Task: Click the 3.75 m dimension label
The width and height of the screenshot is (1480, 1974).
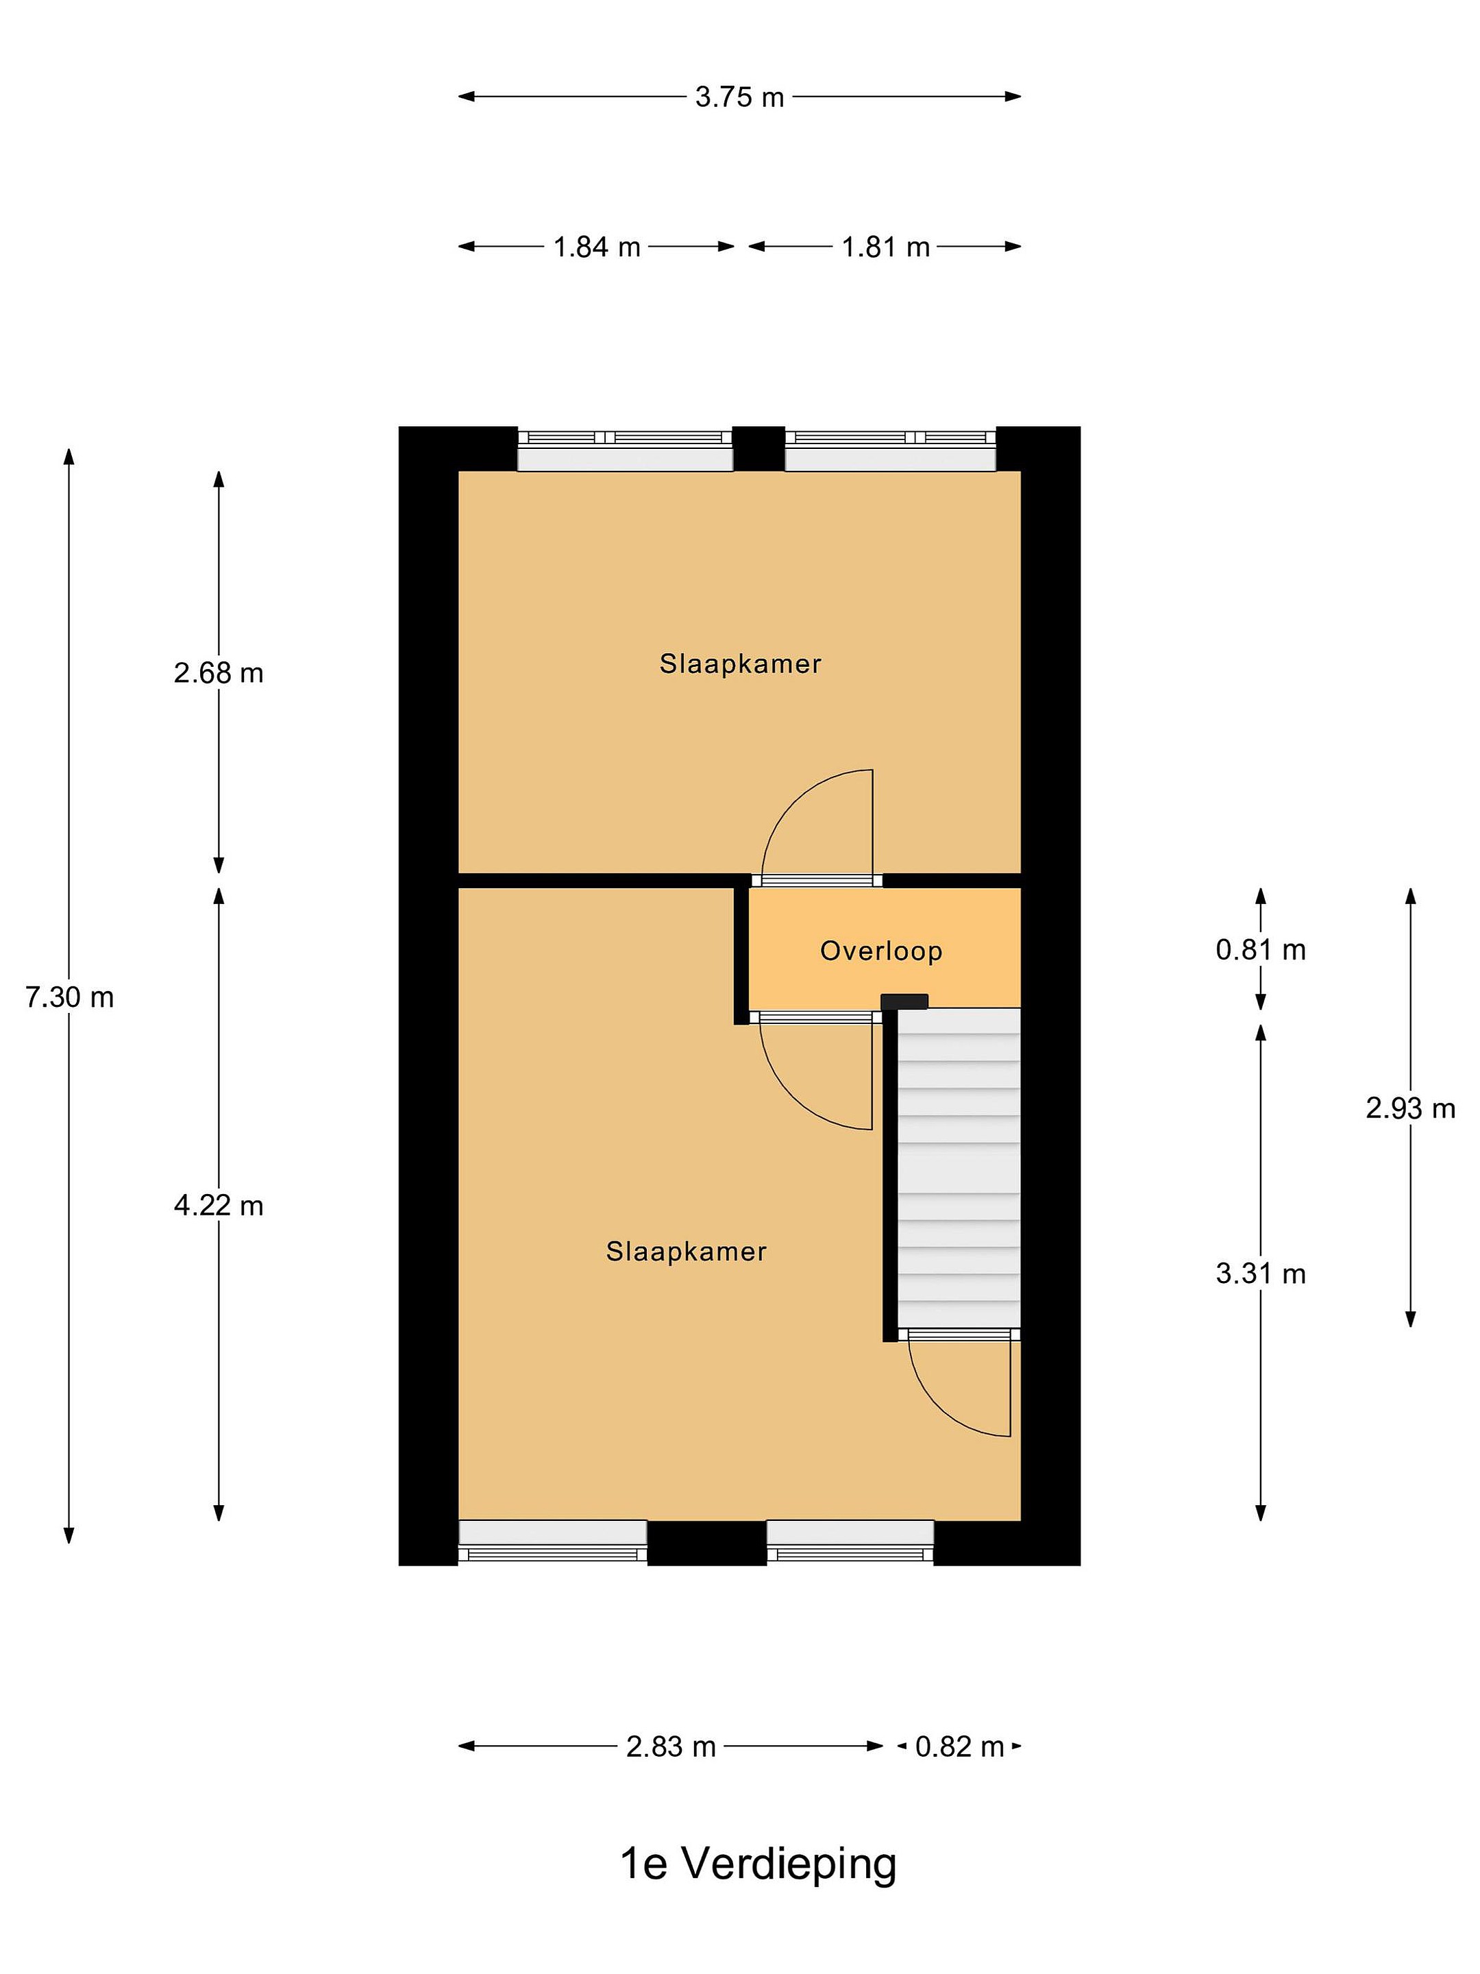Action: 739,97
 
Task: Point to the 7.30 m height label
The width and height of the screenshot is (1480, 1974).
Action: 70,997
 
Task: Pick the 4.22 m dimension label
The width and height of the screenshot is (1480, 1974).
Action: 219,1206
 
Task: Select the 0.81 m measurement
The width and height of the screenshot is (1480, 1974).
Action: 1261,949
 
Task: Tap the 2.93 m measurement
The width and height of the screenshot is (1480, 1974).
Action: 1410,1108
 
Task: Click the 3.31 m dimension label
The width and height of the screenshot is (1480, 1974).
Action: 1261,1273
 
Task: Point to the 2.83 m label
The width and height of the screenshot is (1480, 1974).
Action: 671,1746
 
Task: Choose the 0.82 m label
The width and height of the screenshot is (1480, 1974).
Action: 960,1746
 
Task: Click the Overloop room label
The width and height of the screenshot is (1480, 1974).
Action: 881,951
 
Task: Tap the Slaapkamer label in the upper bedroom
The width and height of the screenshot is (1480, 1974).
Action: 741,664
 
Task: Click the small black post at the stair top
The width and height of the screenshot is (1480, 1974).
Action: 904,1001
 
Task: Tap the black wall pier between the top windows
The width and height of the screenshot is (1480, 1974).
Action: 758,449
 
